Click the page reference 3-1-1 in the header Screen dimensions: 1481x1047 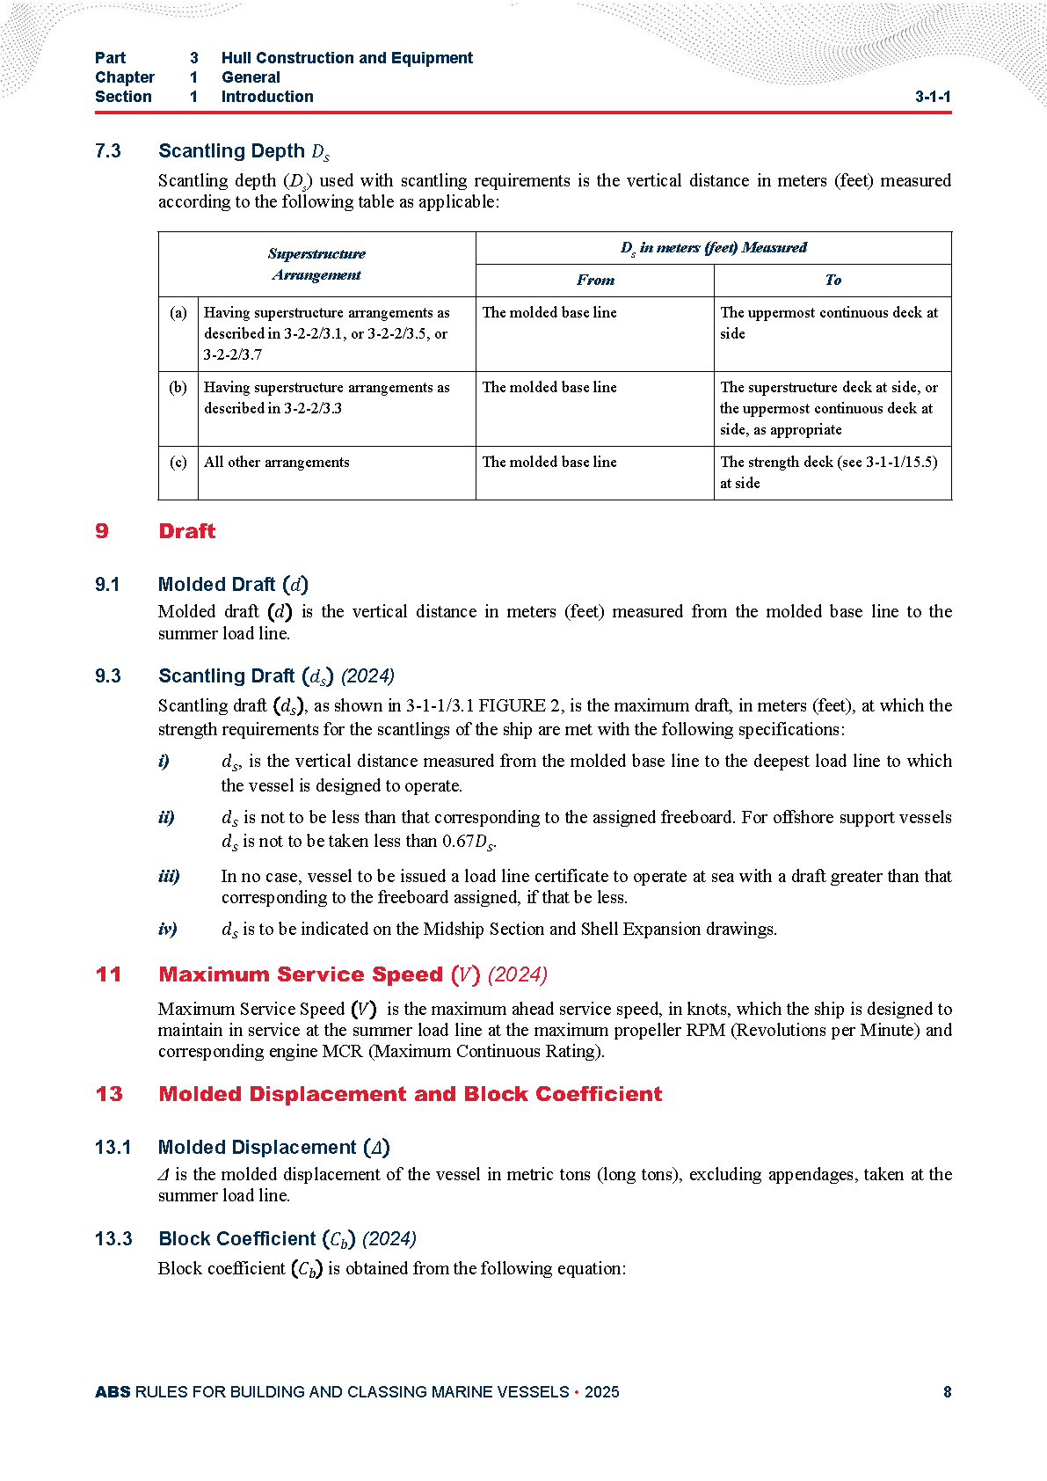point(932,97)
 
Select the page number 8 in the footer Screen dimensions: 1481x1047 point(947,1391)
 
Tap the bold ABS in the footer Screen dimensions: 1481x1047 point(113,1391)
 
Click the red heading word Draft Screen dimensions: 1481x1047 point(186,531)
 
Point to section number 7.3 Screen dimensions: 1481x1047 point(108,151)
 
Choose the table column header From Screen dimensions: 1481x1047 point(595,281)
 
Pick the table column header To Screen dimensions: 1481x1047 point(833,281)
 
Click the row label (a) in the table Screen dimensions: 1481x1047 point(178,312)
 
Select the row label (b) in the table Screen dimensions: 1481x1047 point(178,387)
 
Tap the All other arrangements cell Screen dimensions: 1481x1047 point(277,462)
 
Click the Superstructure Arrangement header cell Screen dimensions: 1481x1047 point(316,264)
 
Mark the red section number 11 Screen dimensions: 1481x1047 point(108,974)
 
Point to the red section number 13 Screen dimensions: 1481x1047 point(109,1094)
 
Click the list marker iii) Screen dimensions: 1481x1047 point(169,876)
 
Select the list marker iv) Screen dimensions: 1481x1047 point(168,929)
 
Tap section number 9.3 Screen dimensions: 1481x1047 point(108,676)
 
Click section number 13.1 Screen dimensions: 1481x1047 point(113,1148)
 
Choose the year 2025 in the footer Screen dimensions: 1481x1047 point(602,1391)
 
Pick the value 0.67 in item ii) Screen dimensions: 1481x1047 point(458,842)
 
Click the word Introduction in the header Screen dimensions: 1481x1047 point(267,97)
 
